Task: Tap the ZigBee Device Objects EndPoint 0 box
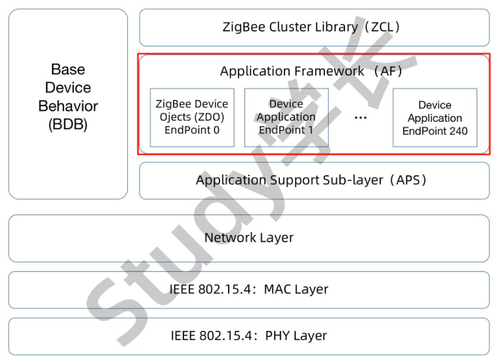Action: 192,117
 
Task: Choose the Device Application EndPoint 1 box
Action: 286,117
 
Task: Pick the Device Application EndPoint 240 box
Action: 435,118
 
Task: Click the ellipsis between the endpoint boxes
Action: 360,117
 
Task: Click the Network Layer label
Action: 249,238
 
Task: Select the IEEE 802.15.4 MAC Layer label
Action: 249,289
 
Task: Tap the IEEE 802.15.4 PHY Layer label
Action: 249,336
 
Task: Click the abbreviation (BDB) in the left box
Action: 68,124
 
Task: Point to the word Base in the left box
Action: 68,69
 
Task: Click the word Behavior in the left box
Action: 68,106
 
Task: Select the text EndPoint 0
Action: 192,129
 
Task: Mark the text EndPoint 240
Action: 435,130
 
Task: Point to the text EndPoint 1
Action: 286,129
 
